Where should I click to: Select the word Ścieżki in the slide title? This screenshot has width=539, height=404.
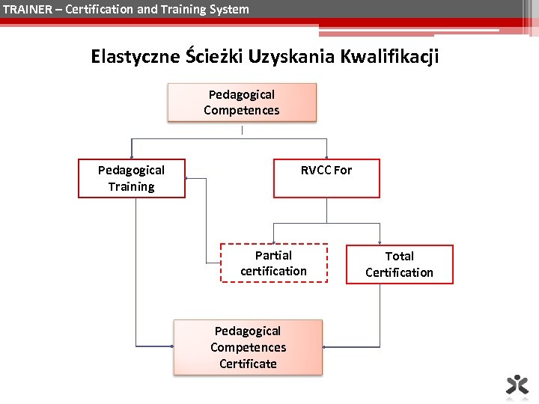(216, 57)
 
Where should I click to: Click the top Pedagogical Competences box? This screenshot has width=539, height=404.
(242, 102)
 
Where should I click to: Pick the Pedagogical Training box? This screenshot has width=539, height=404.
(131, 179)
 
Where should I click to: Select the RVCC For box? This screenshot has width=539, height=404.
(326, 179)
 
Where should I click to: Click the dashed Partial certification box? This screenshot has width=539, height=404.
(274, 263)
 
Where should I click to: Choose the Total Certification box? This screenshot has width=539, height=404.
(399, 264)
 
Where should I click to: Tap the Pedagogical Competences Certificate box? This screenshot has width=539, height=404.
(248, 348)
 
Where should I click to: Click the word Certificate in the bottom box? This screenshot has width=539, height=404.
(248, 364)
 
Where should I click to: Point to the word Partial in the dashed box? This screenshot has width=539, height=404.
(273, 255)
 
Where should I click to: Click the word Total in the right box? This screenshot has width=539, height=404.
(400, 256)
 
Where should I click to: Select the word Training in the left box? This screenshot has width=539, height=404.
(131, 187)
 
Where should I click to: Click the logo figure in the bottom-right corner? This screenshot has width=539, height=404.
(517, 384)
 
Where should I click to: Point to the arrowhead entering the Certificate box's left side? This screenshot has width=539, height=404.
(171, 347)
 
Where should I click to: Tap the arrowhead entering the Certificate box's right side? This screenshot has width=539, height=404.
(325, 347)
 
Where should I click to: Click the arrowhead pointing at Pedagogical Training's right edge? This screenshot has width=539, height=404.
(187, 179)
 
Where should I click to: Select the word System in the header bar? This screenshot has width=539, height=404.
(229, 9)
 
